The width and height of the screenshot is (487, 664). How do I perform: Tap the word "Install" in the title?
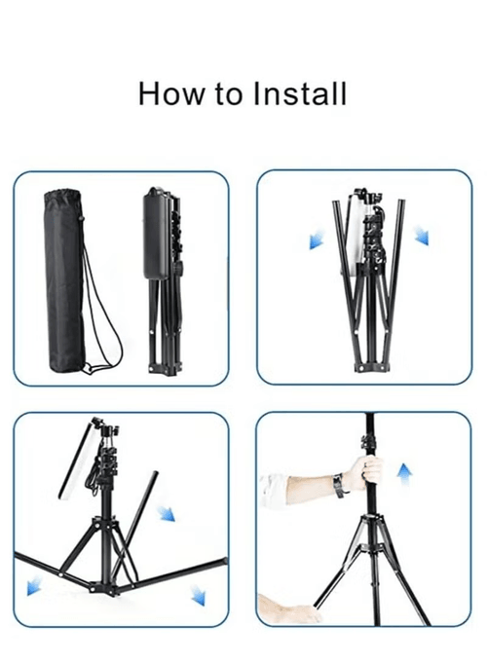point(300,93)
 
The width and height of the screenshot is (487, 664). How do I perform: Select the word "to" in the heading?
point(228,94)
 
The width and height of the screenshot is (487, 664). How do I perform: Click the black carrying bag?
point(65,281)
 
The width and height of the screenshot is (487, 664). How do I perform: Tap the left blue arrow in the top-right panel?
point(317,240)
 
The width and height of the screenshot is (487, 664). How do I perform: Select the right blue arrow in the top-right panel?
point(422,235)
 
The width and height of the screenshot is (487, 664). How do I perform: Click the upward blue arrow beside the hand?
point(404,476)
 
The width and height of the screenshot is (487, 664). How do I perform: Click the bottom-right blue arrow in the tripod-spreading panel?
point(198,595)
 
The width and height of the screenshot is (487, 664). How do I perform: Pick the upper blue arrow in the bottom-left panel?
point(166,513)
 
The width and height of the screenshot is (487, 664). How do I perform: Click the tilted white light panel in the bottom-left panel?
point(75,459)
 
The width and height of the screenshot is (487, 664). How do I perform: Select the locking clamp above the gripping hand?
point(367,443)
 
